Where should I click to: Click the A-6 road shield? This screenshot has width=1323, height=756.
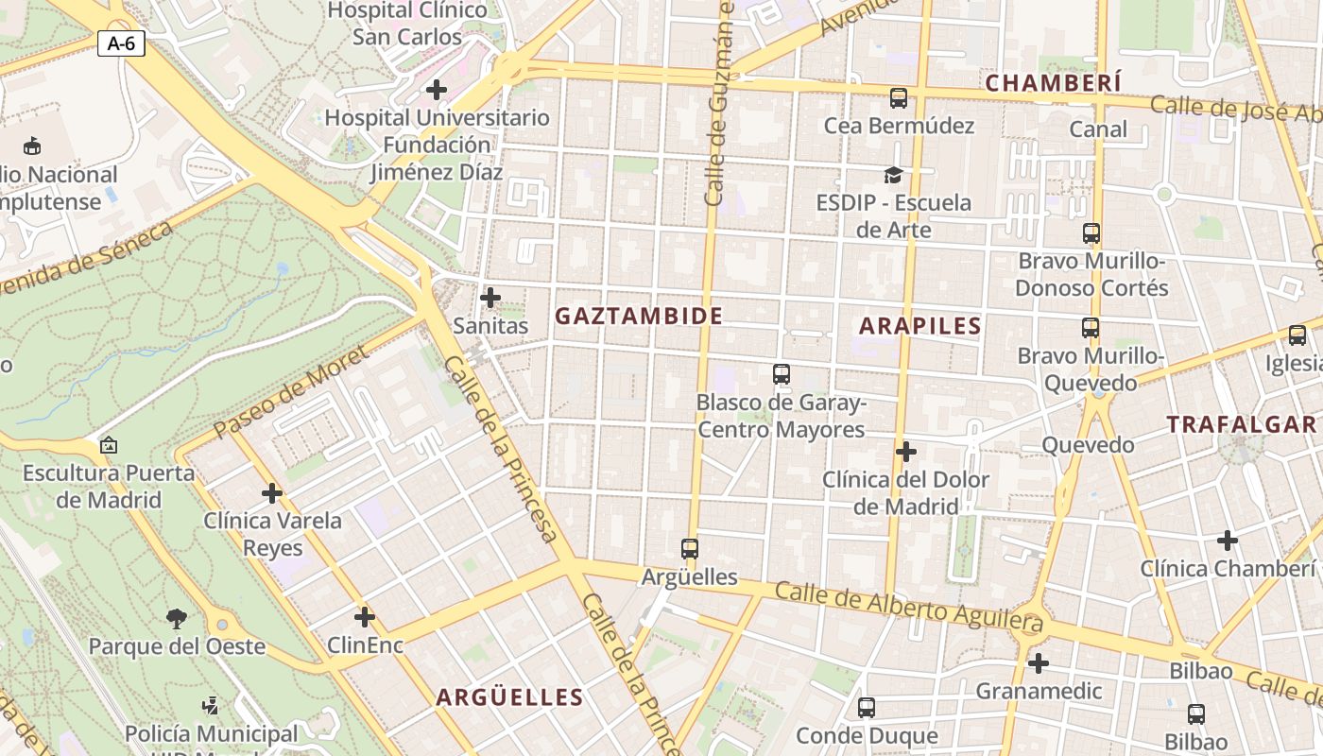(x=121, y=43)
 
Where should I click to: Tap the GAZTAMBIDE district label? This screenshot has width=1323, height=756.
(x=639, y=317)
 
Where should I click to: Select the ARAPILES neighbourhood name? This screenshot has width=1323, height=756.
(x=919, y=327)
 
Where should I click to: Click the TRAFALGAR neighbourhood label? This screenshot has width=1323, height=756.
(x=1241, y=424)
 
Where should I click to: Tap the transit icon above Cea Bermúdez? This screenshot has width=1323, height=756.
(x=899, y=97)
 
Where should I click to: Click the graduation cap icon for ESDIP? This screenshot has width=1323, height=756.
(x=893, y=175)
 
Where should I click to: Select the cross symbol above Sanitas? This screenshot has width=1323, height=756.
(x=490, y=298)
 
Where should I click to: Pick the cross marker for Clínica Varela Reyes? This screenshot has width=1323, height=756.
(x=272, y=492)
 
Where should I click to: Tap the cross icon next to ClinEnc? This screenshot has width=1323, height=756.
(x=365, y=618)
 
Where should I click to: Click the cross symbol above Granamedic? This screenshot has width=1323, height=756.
(x=1039, y=663)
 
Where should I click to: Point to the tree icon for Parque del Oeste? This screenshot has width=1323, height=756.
(x=176, y=619)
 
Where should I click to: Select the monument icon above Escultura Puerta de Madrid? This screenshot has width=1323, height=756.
(x=109, y=444)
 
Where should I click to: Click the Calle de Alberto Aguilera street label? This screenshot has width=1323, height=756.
(x=909, y=608)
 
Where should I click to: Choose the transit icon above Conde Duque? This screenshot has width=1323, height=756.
(x=867, y=707)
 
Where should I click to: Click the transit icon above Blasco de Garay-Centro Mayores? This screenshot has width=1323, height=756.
(x=782, y=374)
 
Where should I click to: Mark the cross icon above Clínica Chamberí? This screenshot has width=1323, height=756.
(x=1228, y=541)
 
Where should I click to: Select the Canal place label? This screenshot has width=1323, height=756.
(x=1098, y=129)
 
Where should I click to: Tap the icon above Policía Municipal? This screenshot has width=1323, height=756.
(x=211, y=705)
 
